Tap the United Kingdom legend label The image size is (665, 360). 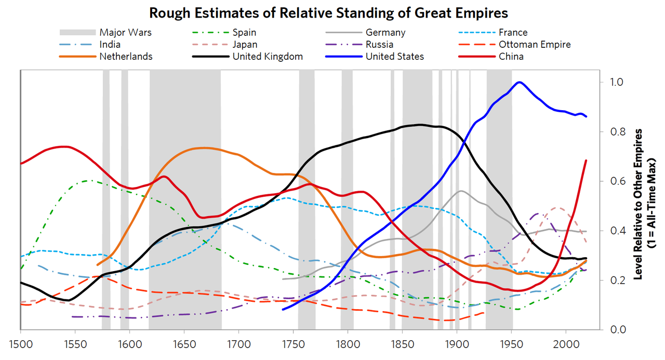click(x=268, y=56)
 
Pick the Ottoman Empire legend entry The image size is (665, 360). click(x=534, y=44)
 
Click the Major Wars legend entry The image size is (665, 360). click(x=126, y=32)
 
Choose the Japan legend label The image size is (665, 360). click(x=245, y=44)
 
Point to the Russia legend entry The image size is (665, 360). click(x=379, y=44)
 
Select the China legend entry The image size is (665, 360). click(x=511, y=56)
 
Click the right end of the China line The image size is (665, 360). click(x=586, y=161)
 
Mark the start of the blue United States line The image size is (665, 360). click(x=283, y=310)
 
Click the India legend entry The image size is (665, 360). click(x=110, y=44)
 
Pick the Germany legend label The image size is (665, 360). click(x=385, y=32)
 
